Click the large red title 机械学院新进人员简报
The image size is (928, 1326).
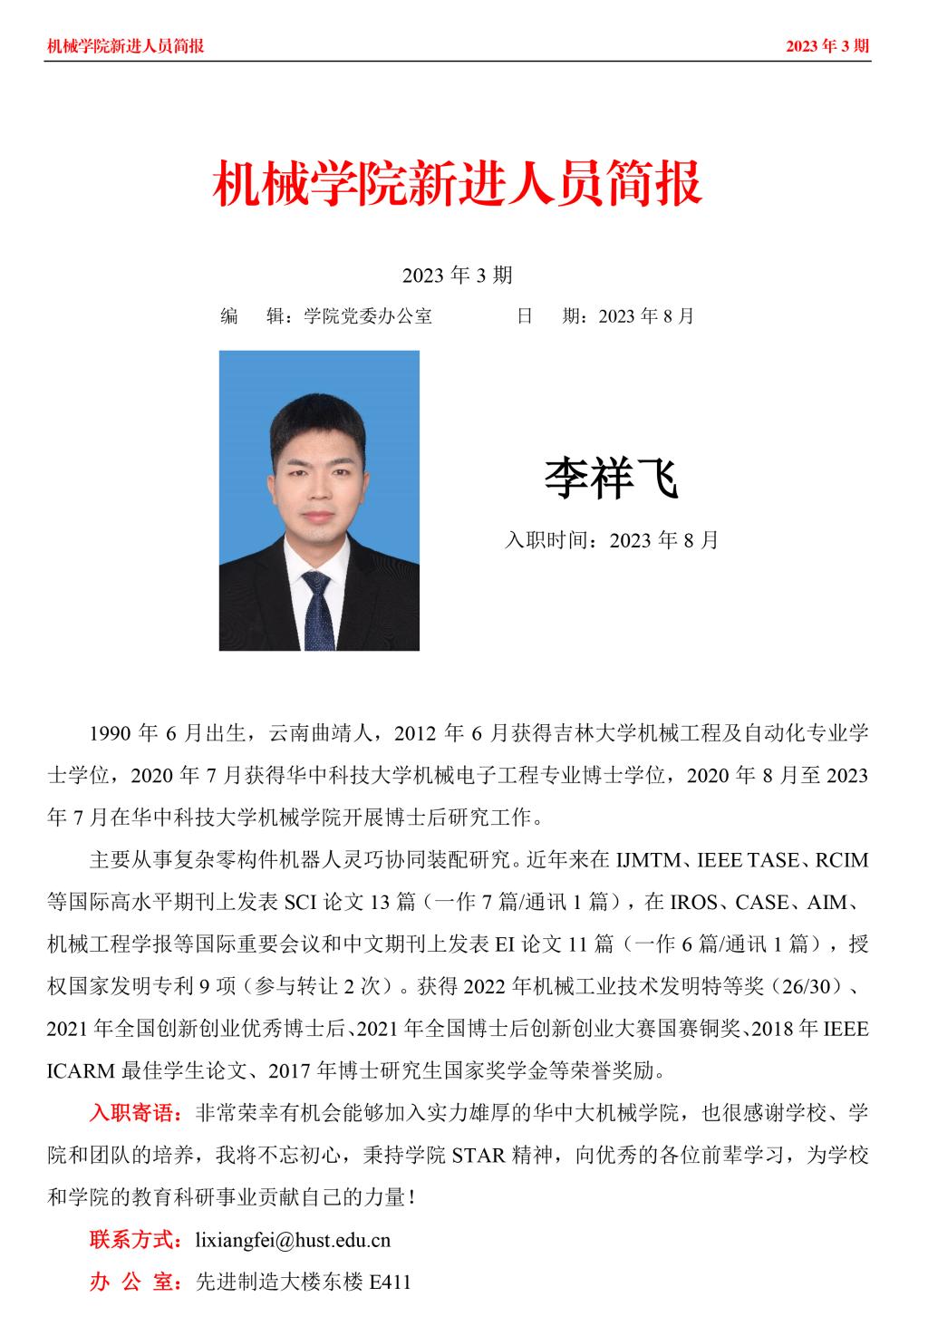(x=457, y=184)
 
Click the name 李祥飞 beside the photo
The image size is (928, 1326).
(x=611, y=479)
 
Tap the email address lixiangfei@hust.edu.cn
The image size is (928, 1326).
(x=293, y=1240)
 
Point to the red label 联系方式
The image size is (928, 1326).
(x=135, y=1240)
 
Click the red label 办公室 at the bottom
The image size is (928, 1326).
(x=135, y=1282)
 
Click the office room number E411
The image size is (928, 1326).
(x=390, y=1282)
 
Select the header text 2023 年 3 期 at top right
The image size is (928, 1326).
(x=827, y=46)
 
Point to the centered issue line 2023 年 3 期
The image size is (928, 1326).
(x=457, y=275)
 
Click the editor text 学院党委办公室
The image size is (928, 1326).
(x=368, y=316)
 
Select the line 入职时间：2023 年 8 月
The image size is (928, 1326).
(x=611, y=540)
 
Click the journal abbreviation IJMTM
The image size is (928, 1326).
(x=650, y=860)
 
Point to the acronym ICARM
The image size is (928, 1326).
(x=81, y=1070)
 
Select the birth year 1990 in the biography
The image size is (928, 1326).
(x=111, y=733)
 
